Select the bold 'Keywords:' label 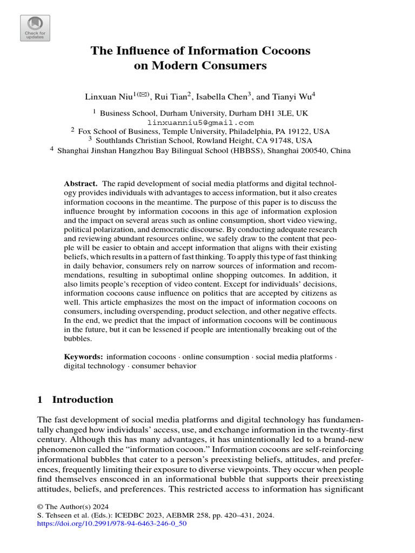(83, 357)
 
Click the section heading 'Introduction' (83, 400)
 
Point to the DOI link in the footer (112, 524)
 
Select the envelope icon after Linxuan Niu (143, 95)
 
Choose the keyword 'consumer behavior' (165, 366)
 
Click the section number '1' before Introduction (39, 400)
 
